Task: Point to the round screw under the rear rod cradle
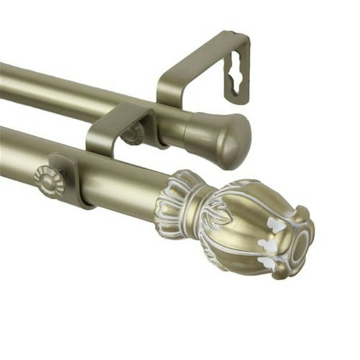tap(133, 134)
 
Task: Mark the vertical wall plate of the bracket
tap(237, 69)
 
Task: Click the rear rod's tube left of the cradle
tap(50, 91)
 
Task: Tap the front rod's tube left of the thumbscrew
tap(19, 156)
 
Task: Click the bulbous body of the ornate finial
tap(250, 225)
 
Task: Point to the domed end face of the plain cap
tap(237, 141)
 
